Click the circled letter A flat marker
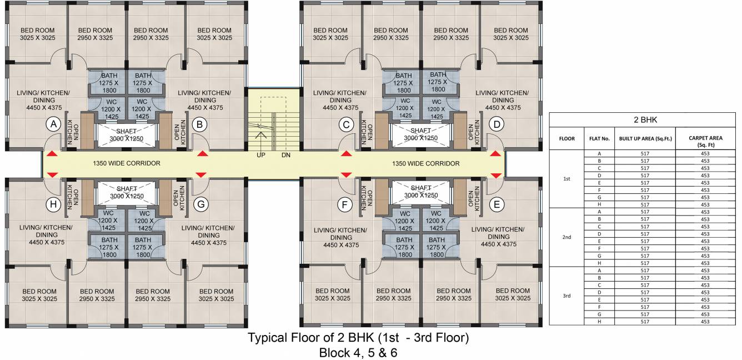53,125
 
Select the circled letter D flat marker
496,125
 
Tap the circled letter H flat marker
53,204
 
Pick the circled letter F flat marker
345,205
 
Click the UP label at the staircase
260,155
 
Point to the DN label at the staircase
286,155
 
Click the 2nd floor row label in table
566,237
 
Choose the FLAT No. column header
599,139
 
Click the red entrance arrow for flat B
202,153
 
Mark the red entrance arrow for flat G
201,175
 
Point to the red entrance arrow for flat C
346,153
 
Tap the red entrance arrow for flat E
496,175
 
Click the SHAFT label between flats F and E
420,192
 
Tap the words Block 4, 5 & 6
358,352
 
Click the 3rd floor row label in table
566,296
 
